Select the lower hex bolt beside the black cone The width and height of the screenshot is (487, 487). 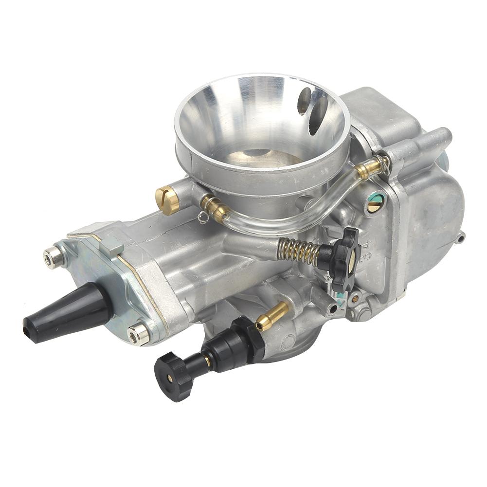point(138,334)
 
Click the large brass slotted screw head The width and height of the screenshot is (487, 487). point(167,199)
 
